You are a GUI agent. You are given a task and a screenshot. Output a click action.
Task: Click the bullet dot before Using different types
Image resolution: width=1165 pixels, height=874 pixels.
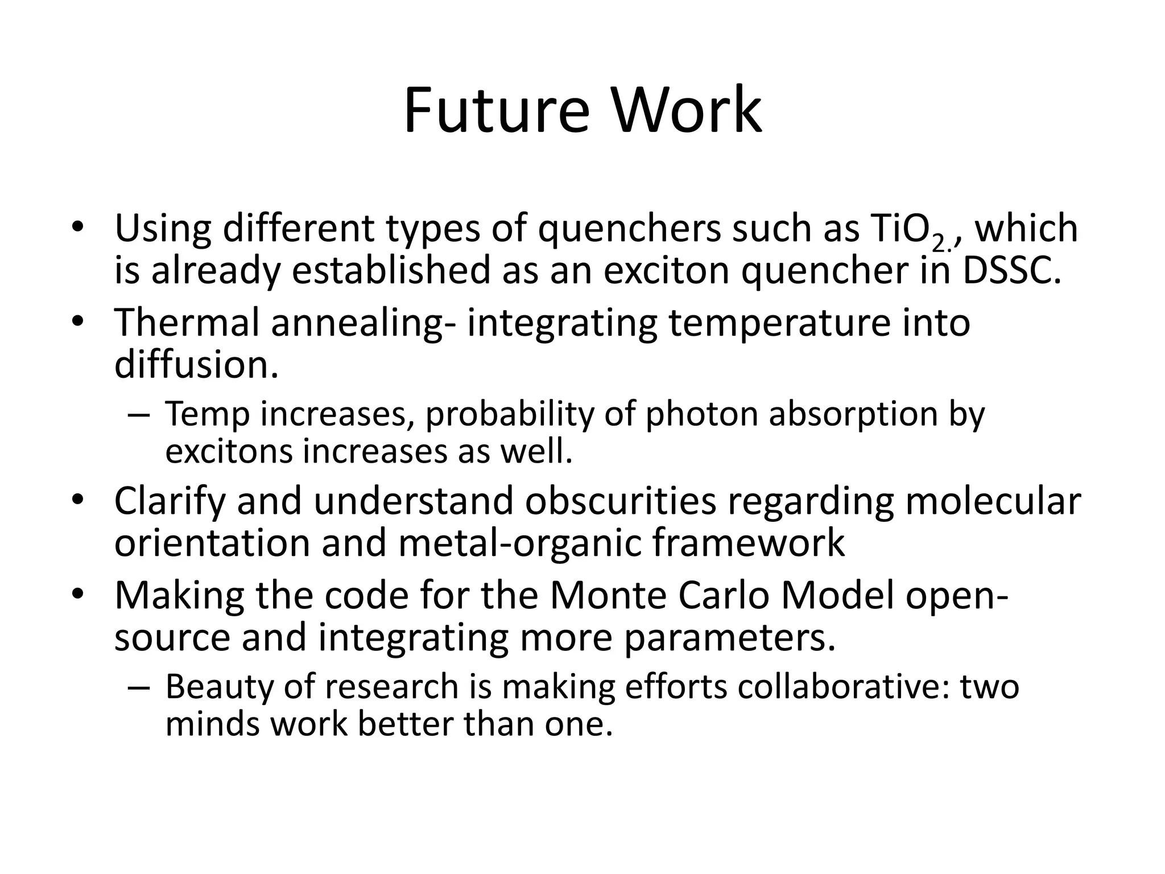[x=78, y=228]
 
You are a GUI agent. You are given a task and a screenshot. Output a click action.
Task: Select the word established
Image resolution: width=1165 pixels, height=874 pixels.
[x=391, y=271]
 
